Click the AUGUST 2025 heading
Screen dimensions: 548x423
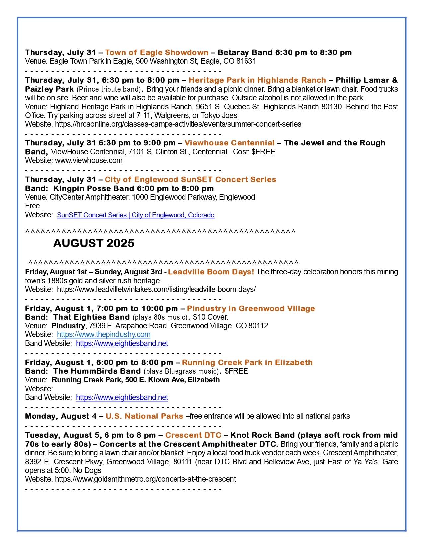[x=94, y=243]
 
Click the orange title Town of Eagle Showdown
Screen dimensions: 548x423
[x=157, y=52]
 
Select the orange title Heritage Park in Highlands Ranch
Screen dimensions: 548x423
[x=257, y=80]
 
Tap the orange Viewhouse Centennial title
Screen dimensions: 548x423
[x=229, y=143]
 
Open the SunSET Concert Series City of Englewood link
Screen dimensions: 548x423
[x=136, y=215]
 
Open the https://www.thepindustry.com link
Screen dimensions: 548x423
[x=104, y=335]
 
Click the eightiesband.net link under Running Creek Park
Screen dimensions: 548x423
[x=122, y=398]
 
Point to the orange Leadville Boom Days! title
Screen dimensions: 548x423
[x=211, y=272]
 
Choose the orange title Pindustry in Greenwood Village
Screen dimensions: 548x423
[x=251, y=309]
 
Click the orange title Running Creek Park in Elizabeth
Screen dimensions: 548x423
[x=247, y=363]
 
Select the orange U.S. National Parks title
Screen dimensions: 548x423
[x=144, y=416]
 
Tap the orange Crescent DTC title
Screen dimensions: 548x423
[x=193, y=435]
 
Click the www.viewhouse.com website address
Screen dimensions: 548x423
[x=89, y=161]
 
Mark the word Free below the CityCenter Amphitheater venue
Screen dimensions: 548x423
[x=32, y=206]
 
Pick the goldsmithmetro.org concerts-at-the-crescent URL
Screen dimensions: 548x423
[x=145, y=479]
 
